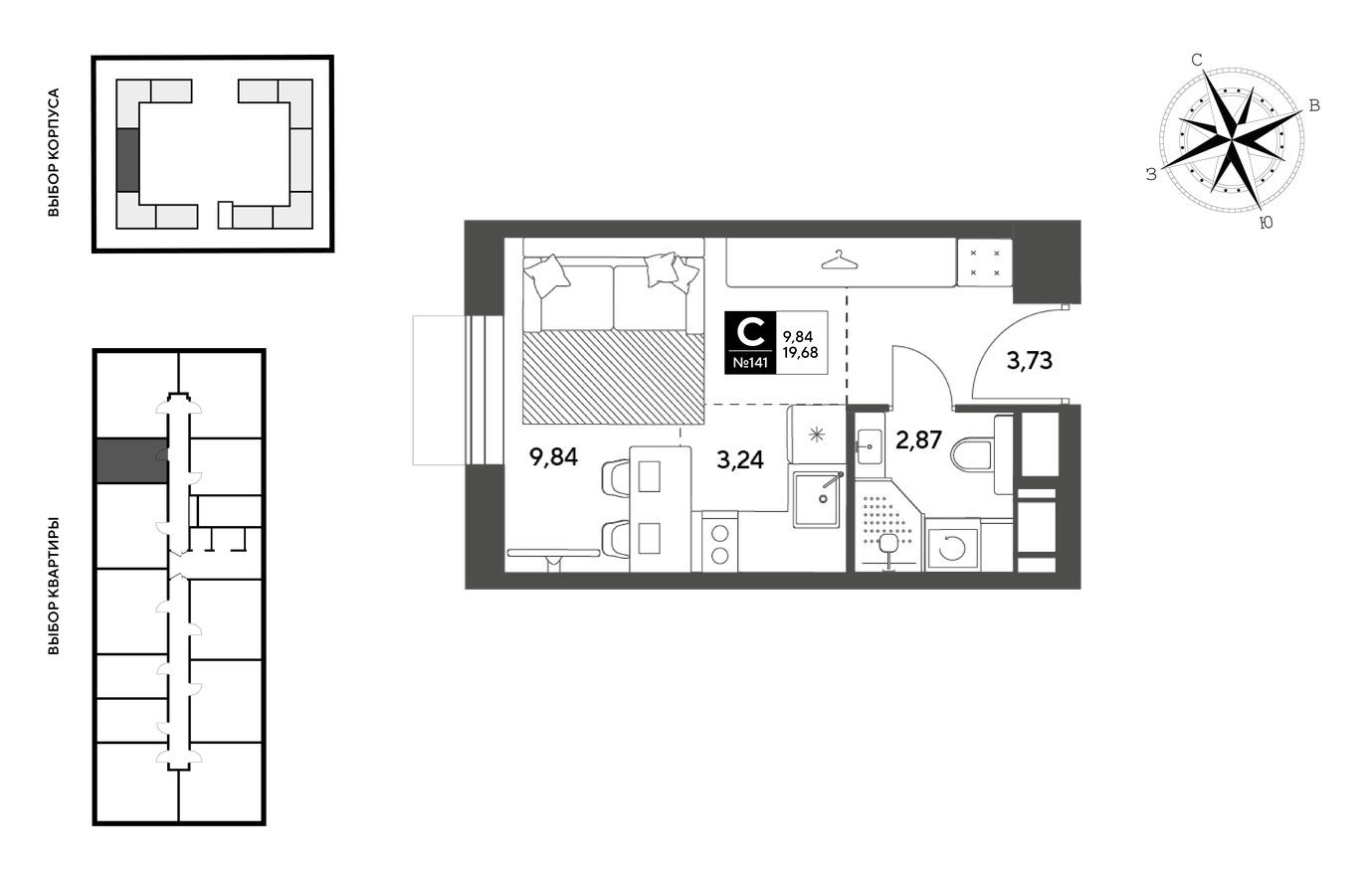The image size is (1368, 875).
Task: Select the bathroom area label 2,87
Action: click(x=918, y=439)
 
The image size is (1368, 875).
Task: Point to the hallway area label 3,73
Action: click(x=1029, y=361)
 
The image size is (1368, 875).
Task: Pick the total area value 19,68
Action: click(x=800, y=351)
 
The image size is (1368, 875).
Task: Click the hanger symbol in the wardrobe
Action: click(x=840, y=261)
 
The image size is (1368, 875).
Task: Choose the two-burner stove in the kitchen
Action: click(x=719, y=543)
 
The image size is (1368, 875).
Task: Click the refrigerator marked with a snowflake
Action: click(x=816, y=435)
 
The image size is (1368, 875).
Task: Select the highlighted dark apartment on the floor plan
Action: click(x=130, y=461)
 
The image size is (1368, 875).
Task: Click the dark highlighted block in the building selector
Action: click(x=127, y=159)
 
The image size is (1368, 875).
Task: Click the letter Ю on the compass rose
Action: click(x=1266, y=224)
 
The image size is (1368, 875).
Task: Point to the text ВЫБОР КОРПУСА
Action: click(x=55, y=153)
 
